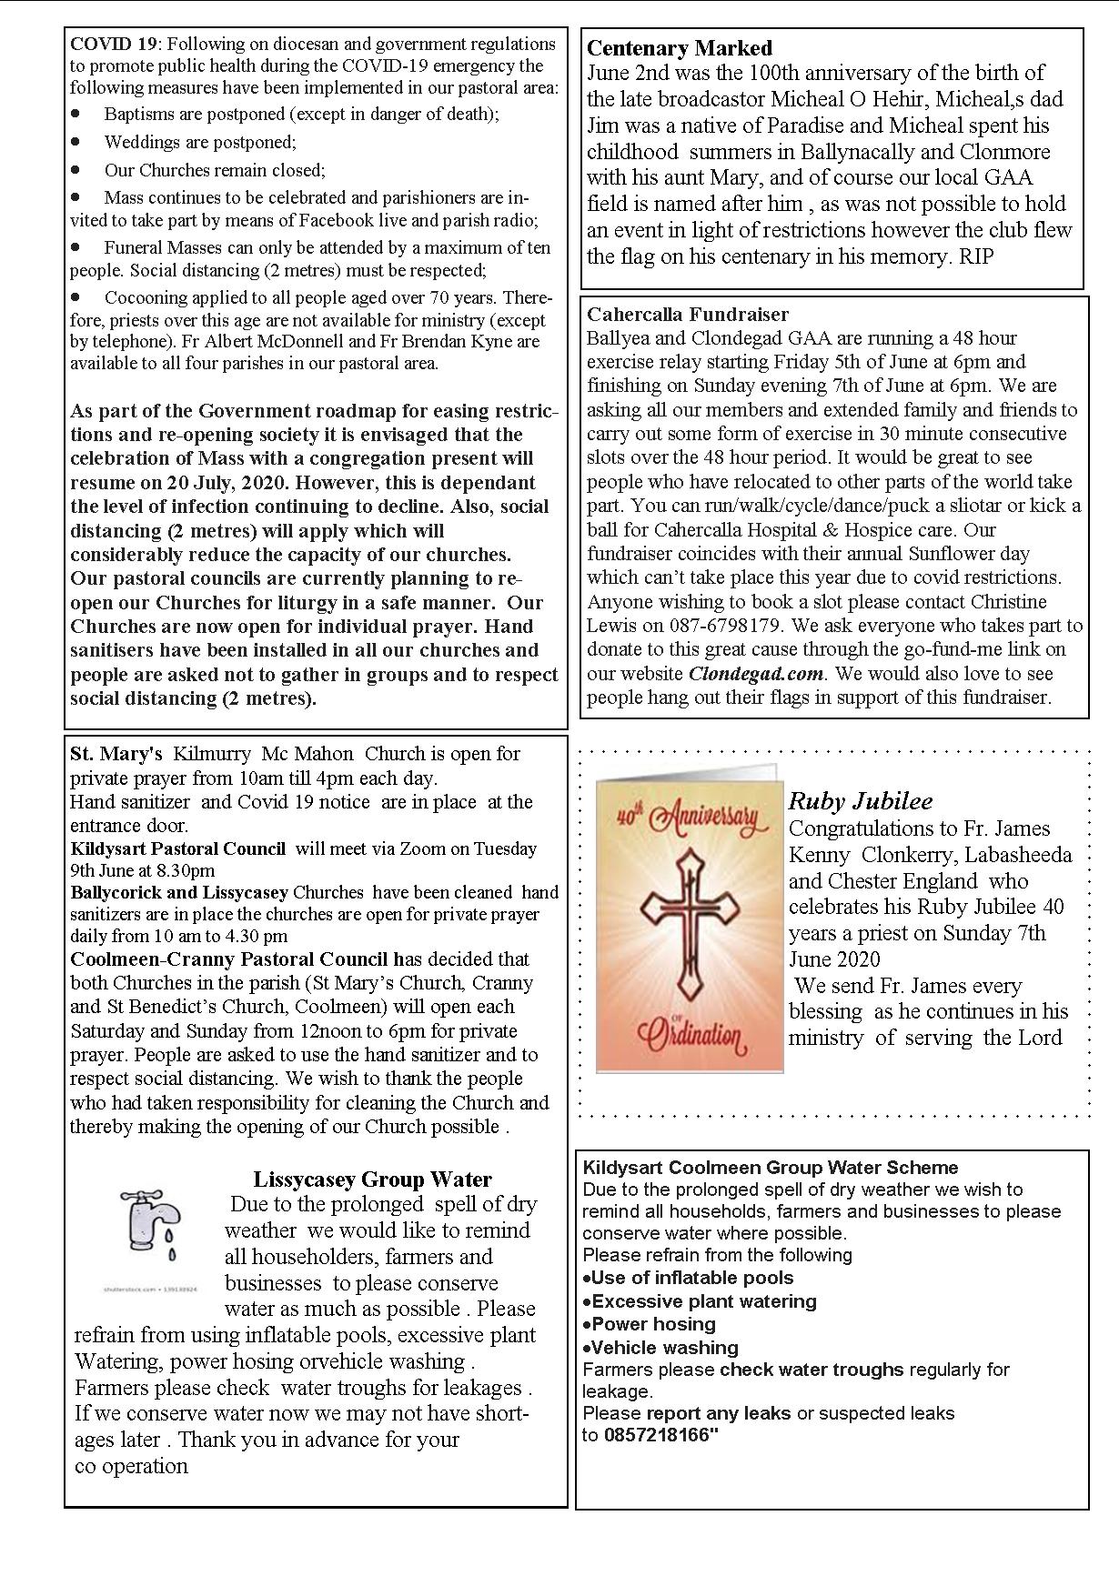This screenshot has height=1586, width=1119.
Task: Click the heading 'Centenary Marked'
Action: (x=679, y=48)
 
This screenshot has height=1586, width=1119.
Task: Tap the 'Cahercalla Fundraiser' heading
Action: (x=687, y=315)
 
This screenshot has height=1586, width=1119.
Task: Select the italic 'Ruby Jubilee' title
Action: (x=860, y=801)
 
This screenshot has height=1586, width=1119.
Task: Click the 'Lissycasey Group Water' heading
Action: (x=372, y=1179)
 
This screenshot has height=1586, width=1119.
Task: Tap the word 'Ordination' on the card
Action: (x=691, y=1034)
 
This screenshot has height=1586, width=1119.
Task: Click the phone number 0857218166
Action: (x=658, y=1435)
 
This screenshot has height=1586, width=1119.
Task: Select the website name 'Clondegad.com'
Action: (x=755, y=674)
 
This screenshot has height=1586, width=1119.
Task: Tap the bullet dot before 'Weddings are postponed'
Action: (x=76, y=142)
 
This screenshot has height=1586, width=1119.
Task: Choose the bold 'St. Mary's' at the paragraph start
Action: (x=116, y=754)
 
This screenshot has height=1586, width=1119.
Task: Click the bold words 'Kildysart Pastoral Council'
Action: (x=177, y=848)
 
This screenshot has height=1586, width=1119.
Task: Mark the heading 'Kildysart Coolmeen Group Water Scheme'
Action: (x=771, y=1168)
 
